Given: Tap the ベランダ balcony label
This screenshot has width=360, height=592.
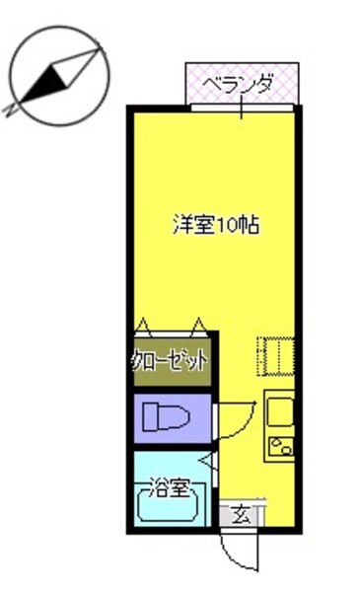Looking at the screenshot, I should tap(239, 86).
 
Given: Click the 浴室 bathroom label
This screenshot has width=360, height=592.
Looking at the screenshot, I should tap(169, 486).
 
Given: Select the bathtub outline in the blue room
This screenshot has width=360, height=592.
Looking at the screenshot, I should tap(169, 507).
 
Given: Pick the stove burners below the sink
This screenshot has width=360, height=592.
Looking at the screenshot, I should tap(280, 444).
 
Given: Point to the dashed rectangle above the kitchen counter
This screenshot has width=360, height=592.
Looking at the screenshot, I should tap(276, 356).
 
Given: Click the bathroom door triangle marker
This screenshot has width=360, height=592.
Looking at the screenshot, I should tap(204, 460).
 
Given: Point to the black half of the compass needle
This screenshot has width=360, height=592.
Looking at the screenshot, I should tap(38, 87).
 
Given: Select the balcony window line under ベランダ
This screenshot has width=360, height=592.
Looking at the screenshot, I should tap(241, 107).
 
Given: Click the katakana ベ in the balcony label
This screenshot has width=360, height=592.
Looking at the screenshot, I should tap(210, 86).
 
